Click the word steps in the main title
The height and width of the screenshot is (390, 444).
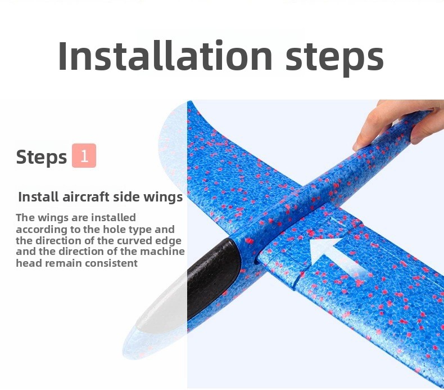point(335,58)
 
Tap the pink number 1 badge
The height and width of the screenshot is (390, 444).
point(84,155)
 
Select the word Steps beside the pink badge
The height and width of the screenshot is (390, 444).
point(42,157)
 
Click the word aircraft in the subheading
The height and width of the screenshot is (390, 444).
point(86,196)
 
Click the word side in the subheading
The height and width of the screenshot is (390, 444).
point(126,196)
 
